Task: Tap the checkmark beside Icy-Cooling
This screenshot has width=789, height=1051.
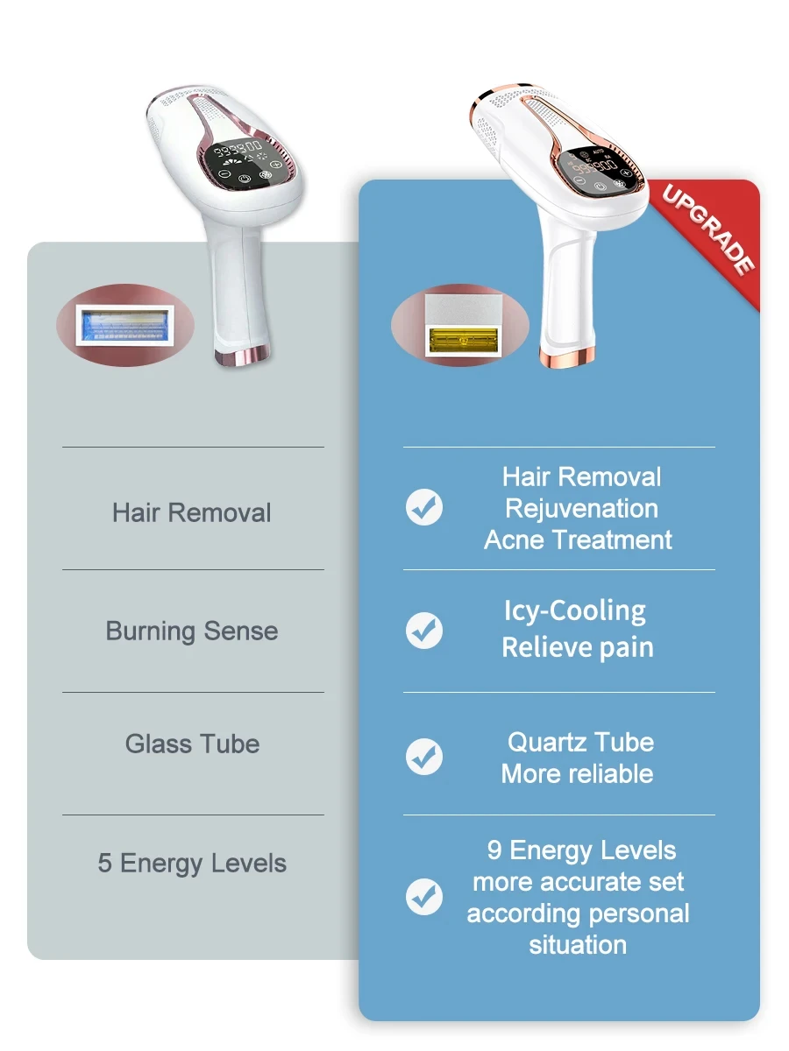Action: (x=424, y=630)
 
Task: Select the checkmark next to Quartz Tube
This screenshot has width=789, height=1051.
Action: (x=424, y=757)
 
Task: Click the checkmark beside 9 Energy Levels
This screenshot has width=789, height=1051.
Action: (x=424, y=897)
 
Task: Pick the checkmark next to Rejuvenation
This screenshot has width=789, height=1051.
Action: (x=424, y=507)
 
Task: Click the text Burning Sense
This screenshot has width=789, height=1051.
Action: (x=192, y=631)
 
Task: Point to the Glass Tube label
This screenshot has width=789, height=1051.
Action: (x=192, y=744)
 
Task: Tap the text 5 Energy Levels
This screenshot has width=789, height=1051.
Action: (x=192, y=864)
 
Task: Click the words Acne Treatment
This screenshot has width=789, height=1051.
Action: (x=578, y=540)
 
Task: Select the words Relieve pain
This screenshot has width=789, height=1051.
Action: (x=578, y=648)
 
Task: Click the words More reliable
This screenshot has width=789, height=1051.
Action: (x=577, y=773)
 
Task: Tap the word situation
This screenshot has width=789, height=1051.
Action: (x=578, y=945)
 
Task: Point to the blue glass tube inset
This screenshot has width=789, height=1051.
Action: (x=125, y=326)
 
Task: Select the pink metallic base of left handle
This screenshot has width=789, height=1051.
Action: (x=243, y=356)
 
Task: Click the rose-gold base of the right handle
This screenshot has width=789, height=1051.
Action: (x=567, y=357)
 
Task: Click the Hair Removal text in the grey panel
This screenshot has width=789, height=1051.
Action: (x=192, y=513)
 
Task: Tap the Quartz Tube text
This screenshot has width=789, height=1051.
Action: (x=580, y=742)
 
